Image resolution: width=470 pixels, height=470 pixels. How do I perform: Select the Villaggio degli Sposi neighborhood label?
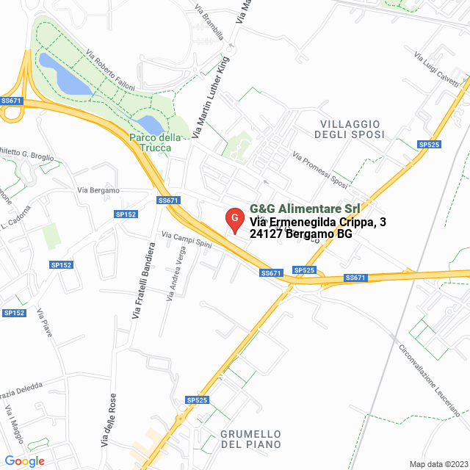pos(349,129)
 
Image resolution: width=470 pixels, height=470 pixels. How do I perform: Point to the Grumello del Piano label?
pos(250,439)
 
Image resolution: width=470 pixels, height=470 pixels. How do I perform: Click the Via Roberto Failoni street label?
pos(110,70)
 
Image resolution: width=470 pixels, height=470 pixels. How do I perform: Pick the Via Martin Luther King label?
pos(209,95)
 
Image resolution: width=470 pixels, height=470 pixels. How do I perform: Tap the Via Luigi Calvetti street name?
pos(436,67)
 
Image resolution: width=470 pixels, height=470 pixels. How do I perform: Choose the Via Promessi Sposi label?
pos(319,169)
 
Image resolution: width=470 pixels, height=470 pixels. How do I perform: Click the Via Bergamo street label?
pos(98,190)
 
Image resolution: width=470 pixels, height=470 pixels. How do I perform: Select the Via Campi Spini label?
pos(186,240)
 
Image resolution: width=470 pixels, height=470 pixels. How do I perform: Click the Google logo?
pos(24,460)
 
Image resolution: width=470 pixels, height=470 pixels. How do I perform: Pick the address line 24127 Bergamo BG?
pos(301,234)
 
